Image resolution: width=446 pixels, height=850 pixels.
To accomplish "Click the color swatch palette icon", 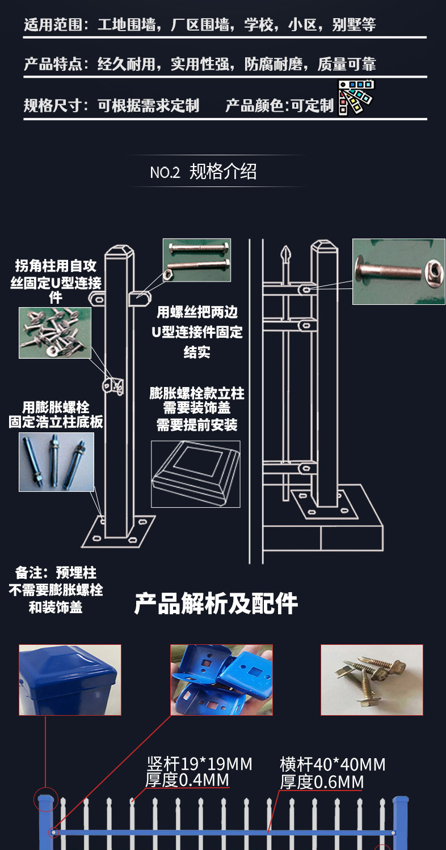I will [x=356, y=98].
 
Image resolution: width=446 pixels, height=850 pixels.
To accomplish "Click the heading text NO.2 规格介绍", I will [x=203, y=171].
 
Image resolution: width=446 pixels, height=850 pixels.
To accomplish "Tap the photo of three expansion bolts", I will [x=56, y=461].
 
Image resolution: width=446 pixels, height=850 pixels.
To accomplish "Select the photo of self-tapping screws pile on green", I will [x=54, y=333].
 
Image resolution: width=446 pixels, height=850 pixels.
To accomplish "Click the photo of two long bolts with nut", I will [x=197, y=260].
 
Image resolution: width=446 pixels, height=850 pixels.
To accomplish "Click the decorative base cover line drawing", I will [x=196, y=474].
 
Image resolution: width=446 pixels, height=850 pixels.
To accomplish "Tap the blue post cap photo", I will [x=70, y=679].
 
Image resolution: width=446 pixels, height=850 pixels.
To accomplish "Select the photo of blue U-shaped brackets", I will [x=221, y=679].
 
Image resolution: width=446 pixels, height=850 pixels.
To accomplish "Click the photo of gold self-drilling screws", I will [x=372, y=679].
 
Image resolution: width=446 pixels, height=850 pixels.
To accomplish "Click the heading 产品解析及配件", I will [x=216, y=604].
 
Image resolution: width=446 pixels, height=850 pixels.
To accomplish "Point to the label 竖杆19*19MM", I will [x=199, y=764].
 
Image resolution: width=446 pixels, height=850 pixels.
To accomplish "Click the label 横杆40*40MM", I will [x=333, y=764].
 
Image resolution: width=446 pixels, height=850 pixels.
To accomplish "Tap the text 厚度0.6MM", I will [x=321, y=782].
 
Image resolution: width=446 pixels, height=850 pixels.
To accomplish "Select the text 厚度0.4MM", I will [x=187, y=780].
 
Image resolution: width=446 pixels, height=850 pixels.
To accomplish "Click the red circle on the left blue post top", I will [x=45, y=799].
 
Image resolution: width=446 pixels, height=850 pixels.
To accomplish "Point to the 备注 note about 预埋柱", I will [x=56, y=589].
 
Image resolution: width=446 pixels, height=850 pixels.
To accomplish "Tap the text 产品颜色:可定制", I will [x=279, y=105].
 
